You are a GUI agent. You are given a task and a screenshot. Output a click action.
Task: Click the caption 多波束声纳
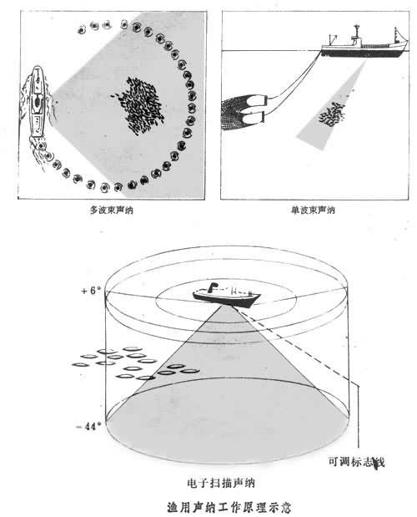pos(111,210)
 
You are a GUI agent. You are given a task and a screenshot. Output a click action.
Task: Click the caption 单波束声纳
pos(313,210)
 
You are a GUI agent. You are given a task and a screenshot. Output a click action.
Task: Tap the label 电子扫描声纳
pos(221,484)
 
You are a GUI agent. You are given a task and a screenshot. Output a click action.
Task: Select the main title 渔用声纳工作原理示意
pos(229,507)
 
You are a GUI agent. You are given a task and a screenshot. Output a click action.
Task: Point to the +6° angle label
pos(91,291)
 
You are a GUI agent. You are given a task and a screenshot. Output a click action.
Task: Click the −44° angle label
pos(88,426)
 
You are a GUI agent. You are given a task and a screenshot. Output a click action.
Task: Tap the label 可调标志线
pos(356,462)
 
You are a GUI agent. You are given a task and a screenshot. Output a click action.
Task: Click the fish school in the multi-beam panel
pos(139,105)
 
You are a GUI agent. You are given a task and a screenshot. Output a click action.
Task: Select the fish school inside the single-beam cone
pos(332,114)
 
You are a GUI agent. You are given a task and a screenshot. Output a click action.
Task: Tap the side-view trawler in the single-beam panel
pos(364,43)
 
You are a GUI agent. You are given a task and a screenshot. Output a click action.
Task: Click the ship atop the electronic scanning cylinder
pos(227,295)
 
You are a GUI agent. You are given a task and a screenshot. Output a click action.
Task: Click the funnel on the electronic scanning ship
pos(213,286)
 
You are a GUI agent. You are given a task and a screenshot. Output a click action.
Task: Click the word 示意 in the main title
pos(279,507)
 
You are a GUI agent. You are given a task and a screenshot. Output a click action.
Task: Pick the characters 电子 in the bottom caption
pos(198,484)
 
